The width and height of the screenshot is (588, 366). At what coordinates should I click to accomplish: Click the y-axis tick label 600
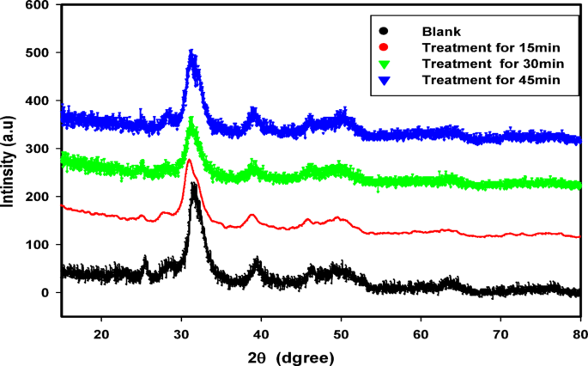point(37,5)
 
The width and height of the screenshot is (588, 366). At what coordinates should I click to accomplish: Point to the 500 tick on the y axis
point(37,53)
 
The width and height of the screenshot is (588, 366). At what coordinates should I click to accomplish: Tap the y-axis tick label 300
point(37,149)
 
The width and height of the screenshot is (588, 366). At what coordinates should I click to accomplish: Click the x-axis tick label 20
point(101,332)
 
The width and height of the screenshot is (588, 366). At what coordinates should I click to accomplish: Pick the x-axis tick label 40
point(261,332)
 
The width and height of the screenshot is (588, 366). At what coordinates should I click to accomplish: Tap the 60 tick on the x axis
point(421,332)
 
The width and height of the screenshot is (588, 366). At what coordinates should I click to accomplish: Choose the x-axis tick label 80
point(580,332)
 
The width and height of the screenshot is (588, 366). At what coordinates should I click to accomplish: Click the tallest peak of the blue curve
point(191,52)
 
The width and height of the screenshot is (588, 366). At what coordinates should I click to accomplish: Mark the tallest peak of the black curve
point(194,185)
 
